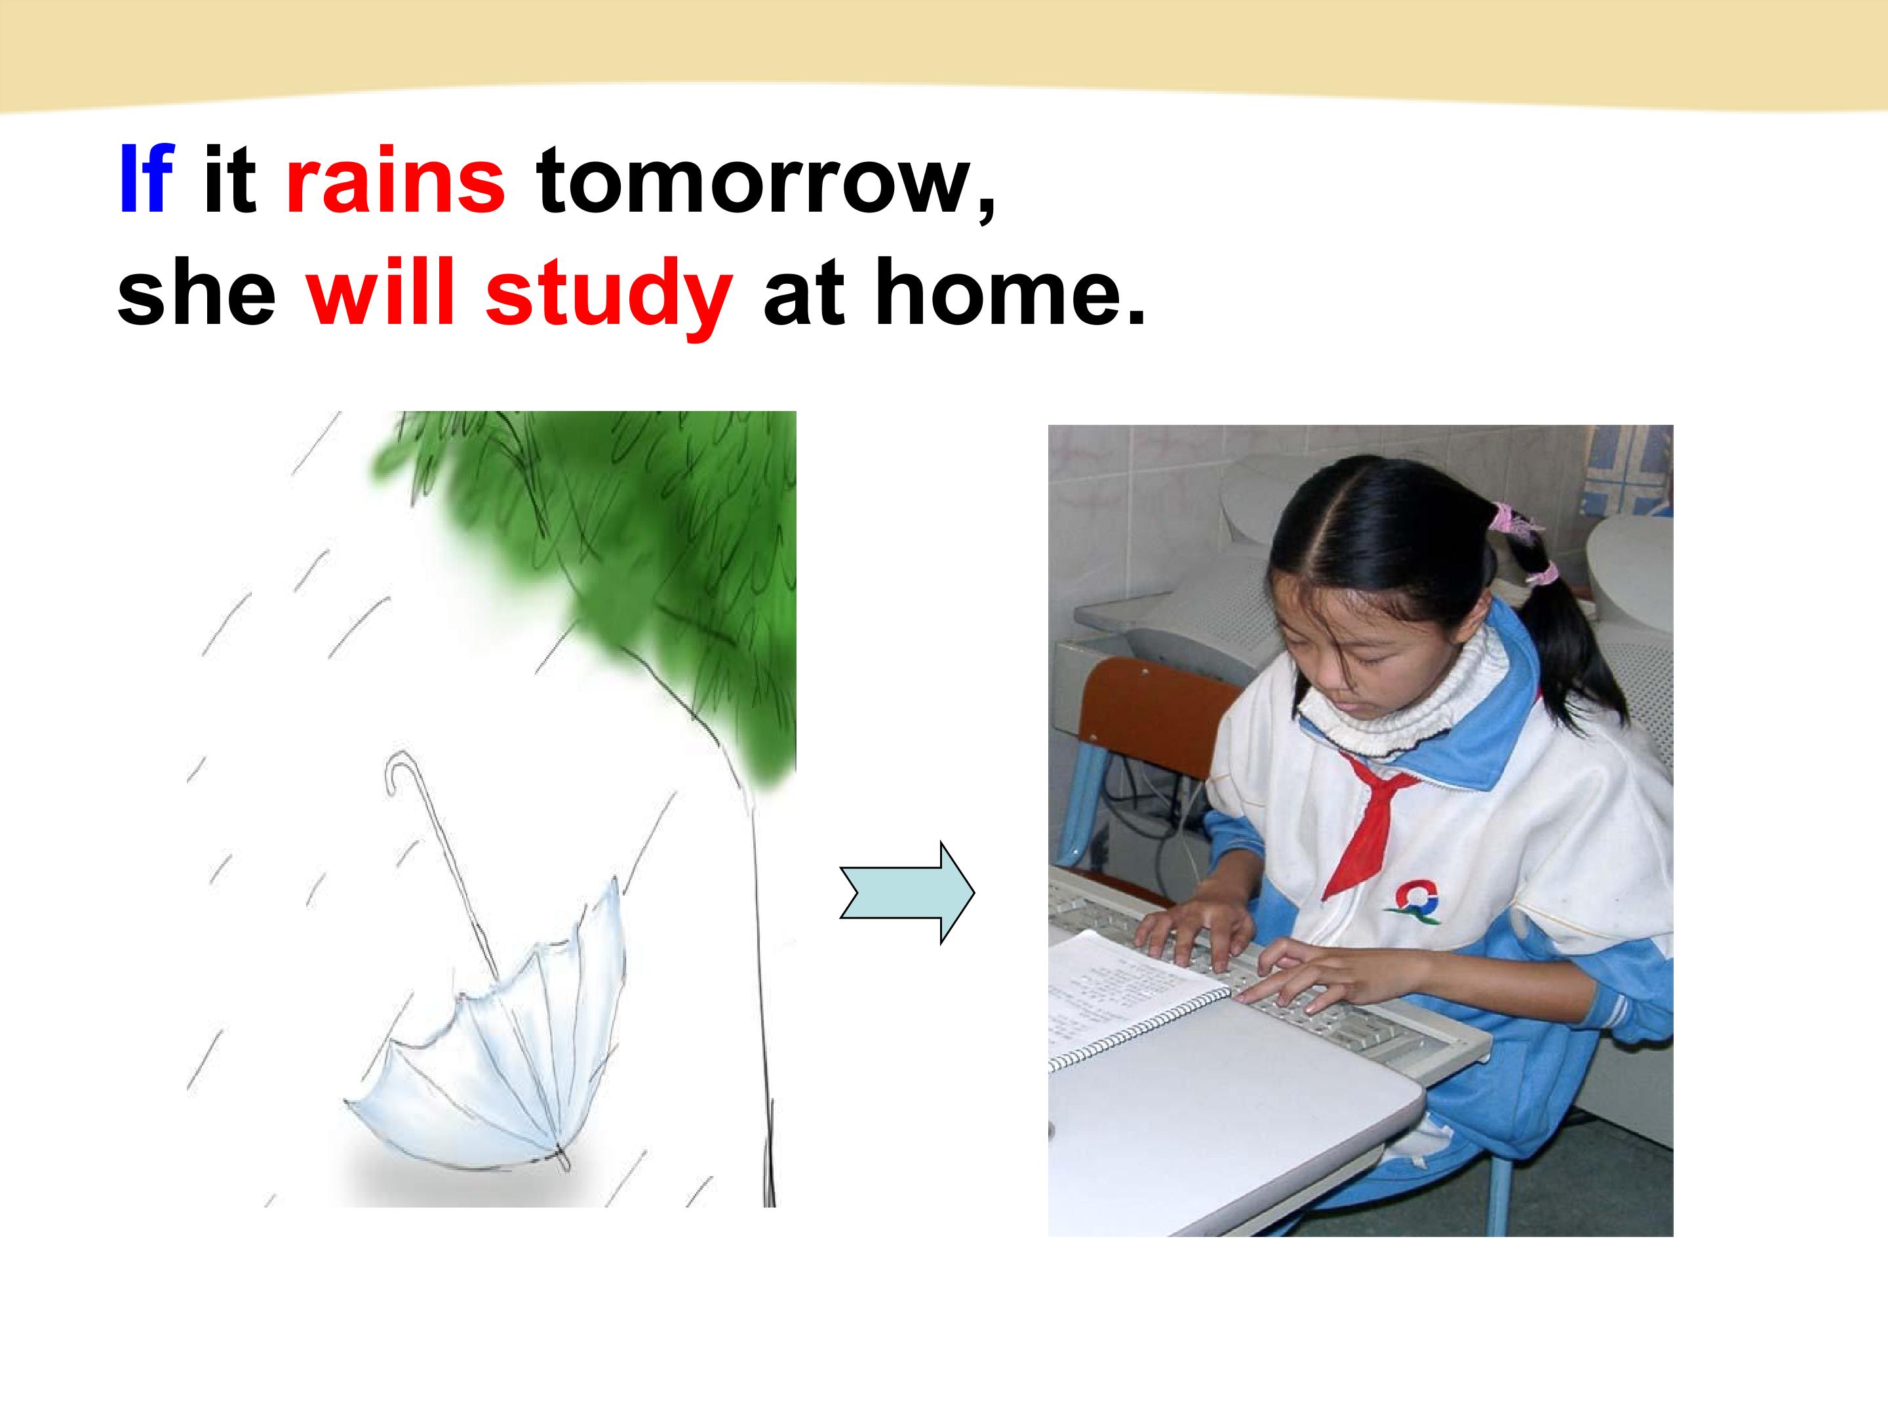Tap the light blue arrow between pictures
(907, 893)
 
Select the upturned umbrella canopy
(495, 1032)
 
